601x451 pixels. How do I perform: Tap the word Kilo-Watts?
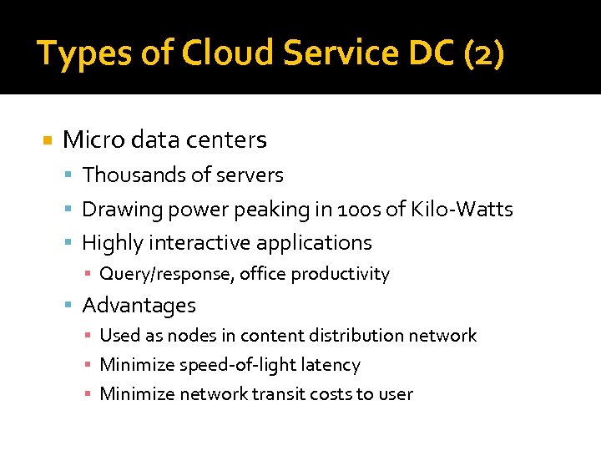click(462, 209)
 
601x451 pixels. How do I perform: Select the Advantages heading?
click(139, 306)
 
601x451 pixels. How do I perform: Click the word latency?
click(332, 365)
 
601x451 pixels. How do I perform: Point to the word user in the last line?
click(396, 394)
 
